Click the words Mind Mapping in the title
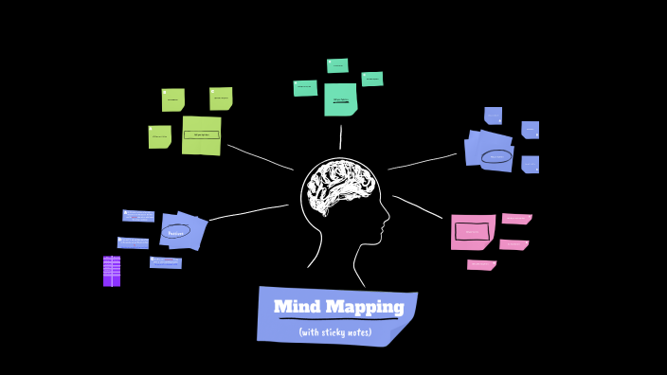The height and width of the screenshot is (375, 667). (x=338, y=307)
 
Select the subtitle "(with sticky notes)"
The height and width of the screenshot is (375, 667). (x=334, y=332)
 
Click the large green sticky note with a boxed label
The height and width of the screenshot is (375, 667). (x=201, y=135)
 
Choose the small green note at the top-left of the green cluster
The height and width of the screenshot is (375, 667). (x=172, y=99)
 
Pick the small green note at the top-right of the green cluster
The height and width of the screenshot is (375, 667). (x=221, y=98)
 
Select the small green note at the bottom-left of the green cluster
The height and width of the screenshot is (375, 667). (x=159, y=136)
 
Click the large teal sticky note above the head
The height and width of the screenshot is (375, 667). (x=340, y=99)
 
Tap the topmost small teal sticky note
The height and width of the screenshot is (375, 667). (x=337, y=65)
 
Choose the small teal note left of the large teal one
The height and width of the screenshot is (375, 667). (x=305, y=87)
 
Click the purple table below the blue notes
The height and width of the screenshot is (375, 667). (x=112, y=271)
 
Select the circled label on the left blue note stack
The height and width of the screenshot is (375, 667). (x=175, y=232)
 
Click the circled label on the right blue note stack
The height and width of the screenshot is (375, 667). (x=496, y=156)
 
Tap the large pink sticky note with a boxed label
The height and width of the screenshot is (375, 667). (x=472, y=231)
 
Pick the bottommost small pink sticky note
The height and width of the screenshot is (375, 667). (x=481, y=265)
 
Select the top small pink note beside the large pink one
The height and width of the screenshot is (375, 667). (x=516, y=219)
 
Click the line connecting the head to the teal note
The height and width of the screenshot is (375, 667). (x=340, y=137)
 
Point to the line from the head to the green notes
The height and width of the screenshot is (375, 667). (x=261, y=157)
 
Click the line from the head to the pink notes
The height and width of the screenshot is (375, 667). (x=417, y=206)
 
